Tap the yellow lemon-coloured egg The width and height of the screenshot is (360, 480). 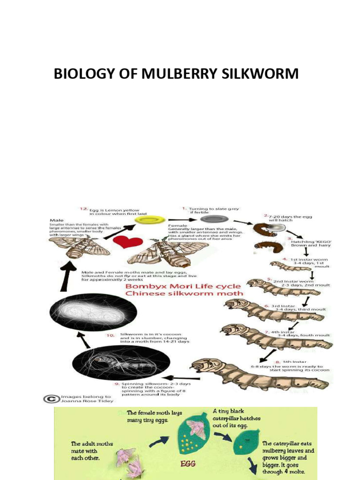pos(147,219)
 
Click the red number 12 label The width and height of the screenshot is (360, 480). pos(83,210)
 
